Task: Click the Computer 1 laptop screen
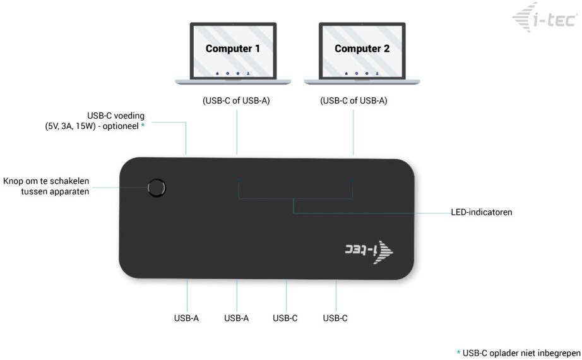tap(233, 51)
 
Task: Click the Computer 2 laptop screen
tap(362, 51)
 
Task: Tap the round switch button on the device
tap(157, 188)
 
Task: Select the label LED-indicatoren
tap(482, 212)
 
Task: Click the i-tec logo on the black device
tap(369, 251)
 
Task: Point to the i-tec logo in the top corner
tap(545, 18)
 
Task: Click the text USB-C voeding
tap(116, 116)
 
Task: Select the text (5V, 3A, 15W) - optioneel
tap(92, 126)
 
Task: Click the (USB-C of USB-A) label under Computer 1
tap(236, 100)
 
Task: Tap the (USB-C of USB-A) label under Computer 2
tap(353, 100)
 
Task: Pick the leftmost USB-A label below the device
tap(186, 318)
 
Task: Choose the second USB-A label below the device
tap(237, 318)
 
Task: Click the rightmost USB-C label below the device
tap(335, 318)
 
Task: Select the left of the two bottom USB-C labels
tap(285, 318)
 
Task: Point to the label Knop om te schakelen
tap(46, 181)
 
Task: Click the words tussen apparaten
tap(55, 192)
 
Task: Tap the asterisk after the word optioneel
tap(143, 125)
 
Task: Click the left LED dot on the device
tap(239, 180)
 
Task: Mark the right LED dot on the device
tap(352, 181)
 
